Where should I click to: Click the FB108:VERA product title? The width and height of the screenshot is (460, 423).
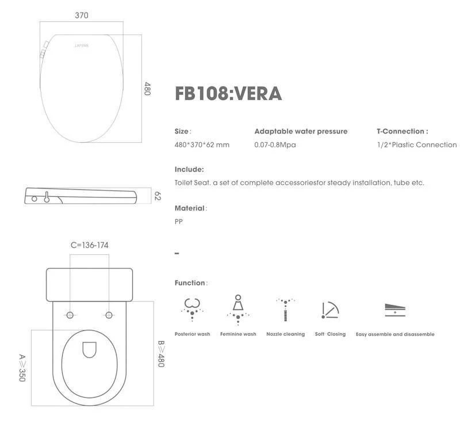click(x=228, y=94)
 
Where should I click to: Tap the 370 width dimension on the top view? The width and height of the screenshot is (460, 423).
click(x=82, y=16)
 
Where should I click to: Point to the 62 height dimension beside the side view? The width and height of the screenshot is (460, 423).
click(x=157, y=196)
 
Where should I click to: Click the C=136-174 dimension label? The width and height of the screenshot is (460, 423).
click(x=89, y=245)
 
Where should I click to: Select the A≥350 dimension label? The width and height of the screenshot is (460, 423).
click(x=22, y=368)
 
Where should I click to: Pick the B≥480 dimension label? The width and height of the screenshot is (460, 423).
click(x=162, y=353)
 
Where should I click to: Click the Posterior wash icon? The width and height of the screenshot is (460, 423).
click(x=191, y=308)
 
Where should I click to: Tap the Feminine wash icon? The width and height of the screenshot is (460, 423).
click(x=237, y=308)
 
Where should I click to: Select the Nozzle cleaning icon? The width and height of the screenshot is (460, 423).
click(x=285, y=308)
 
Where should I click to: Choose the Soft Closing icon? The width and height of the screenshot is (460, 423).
click(x=330, y=310)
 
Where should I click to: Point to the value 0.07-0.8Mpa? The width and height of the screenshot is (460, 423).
click(x=275, y=145)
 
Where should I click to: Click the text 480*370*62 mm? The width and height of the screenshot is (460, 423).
click(x=202, y=145)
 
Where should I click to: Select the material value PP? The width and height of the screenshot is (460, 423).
click(x=179, y=222)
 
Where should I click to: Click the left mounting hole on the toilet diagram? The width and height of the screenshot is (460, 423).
click(x=70, y=315)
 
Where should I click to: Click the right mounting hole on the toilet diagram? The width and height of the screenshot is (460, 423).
click(x=109, y=315)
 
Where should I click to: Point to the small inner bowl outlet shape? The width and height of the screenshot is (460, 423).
click(x=90, y=350)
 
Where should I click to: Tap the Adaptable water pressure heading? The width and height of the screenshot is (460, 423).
click(x=301, y=131)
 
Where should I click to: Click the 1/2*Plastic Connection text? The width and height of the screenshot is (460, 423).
click(x=413, y=145)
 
